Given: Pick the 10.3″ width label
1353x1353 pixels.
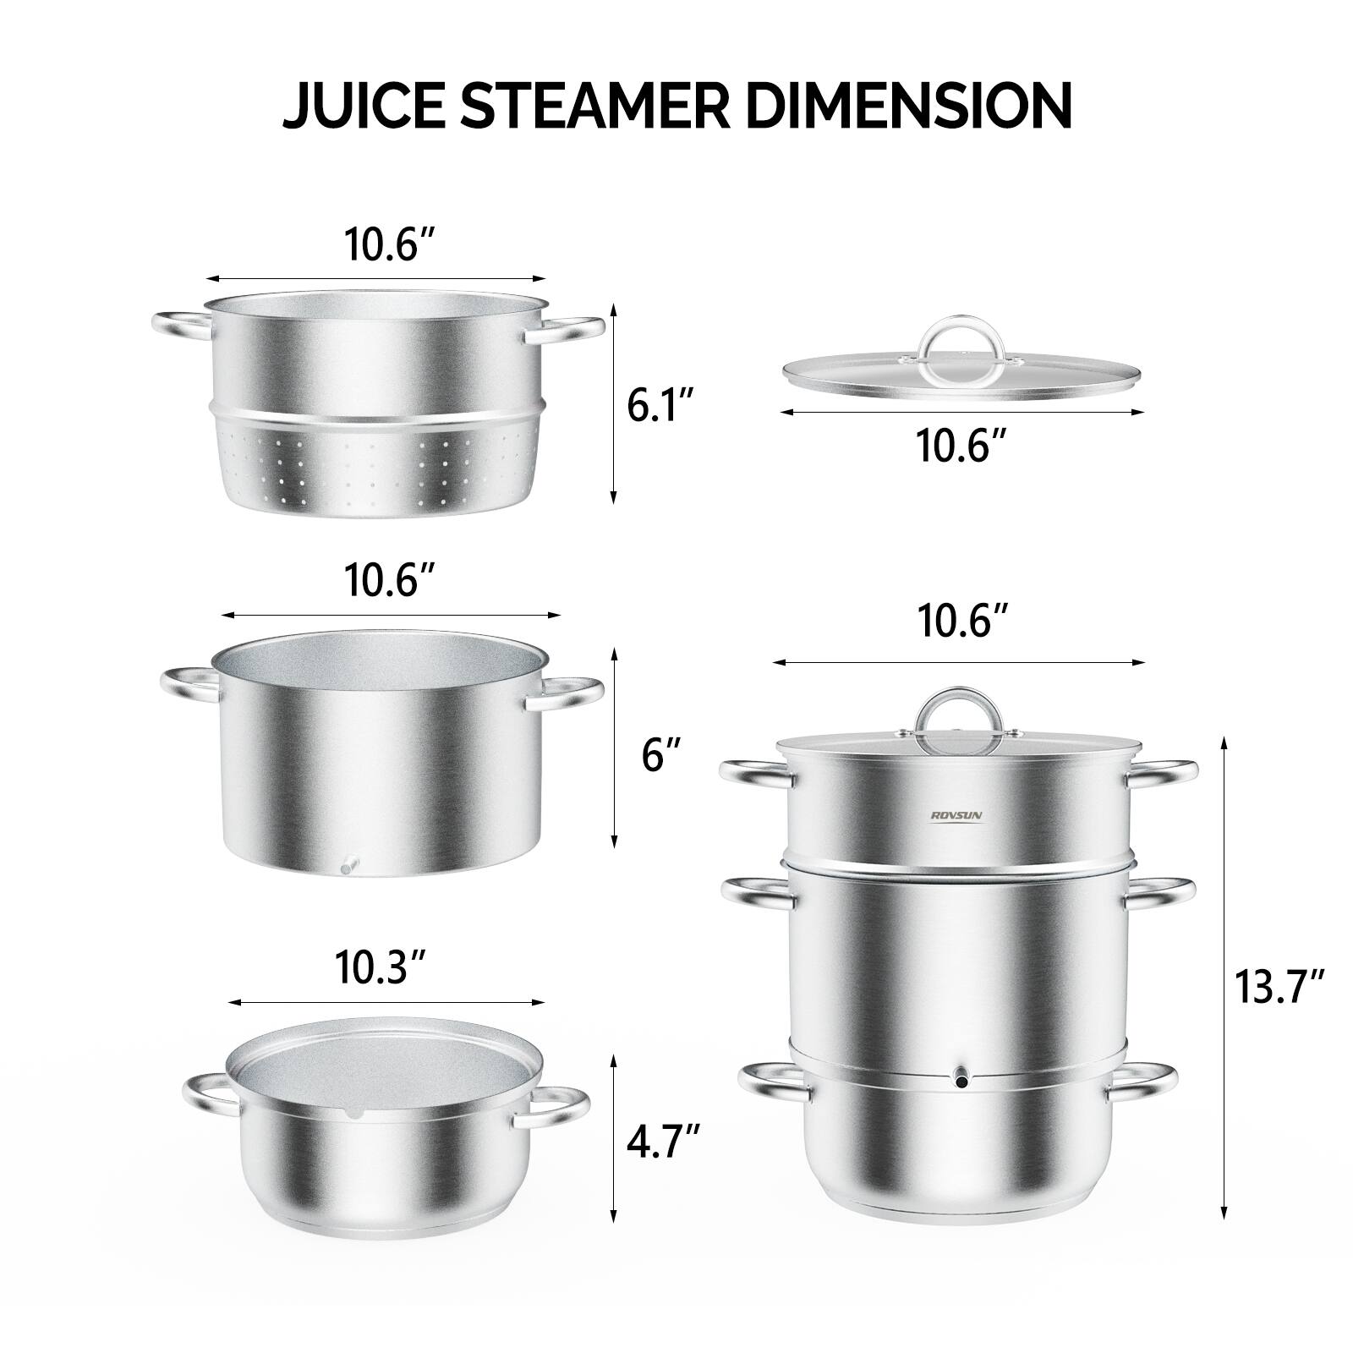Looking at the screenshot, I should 380,968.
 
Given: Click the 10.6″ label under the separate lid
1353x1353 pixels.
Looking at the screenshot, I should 961,446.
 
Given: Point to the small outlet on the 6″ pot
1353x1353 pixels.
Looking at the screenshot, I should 348,866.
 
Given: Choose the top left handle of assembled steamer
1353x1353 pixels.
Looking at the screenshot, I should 753,770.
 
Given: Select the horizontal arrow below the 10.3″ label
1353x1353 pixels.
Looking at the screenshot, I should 386,1003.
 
